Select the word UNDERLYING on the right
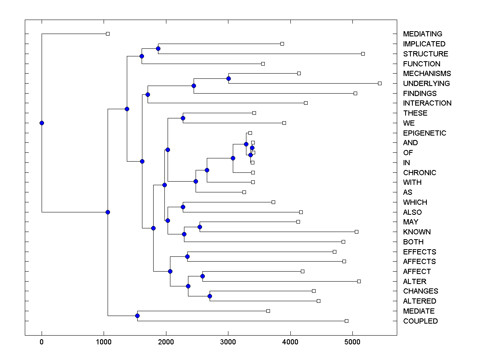426,84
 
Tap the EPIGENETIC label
424,133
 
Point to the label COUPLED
420,321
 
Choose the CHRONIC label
420,173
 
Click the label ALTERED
420,301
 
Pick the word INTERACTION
427,103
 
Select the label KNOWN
417,232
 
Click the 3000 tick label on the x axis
228,342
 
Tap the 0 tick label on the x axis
42,342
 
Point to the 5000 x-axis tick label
352,342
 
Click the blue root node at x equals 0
42,123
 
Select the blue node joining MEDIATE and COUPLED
137,316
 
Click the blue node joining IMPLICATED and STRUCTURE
158,48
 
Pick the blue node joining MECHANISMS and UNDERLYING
228,78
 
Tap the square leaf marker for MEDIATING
108,34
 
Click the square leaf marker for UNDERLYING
380,83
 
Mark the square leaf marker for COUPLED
346,321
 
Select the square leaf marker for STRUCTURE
363,54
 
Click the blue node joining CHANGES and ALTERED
210,296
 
